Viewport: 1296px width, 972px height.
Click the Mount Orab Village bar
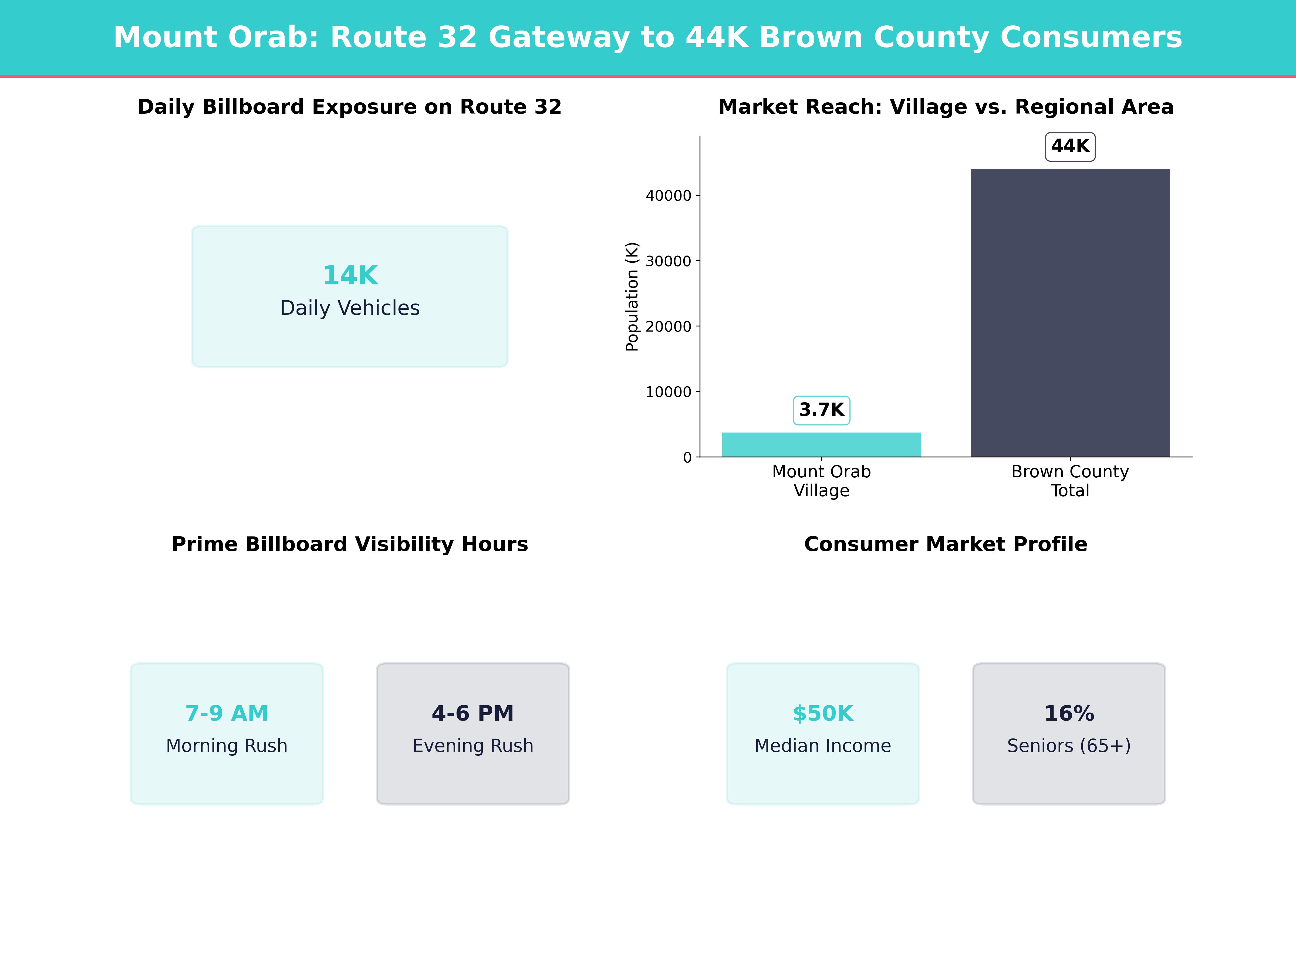(x=821, y=445)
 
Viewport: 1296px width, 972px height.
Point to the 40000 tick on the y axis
(x=669, y=196)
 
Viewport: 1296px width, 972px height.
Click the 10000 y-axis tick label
(x=669, y=392)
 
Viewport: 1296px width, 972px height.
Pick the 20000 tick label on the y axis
(x=669, y=326)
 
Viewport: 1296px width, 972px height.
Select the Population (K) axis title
(x=632, y=296)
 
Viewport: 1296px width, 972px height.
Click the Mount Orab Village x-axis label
(x=821, y=481)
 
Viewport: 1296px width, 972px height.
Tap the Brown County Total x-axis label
(x=1070, y=481)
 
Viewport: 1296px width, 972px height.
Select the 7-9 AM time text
(x=227, y=714)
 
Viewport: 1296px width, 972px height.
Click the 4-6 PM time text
(x=473, y=714)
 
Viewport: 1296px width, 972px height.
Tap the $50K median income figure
(x=823, y=714)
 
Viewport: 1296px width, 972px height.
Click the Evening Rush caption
(x=473, y=746)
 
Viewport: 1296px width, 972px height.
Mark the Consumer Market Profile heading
(x=946, y=544)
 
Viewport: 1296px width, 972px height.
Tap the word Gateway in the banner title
(x=559, y=38)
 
